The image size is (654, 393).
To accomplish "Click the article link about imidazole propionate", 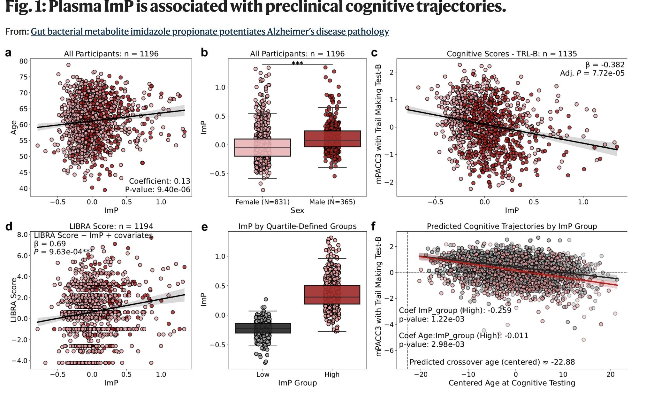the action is click(210, 31).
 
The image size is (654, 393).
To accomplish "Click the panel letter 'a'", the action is click(9, 52).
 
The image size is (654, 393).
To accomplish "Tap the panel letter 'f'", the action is click(374, 226).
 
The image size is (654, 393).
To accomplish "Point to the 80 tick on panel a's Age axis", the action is click(23, 61).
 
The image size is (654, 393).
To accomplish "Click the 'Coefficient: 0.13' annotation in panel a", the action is click(159, 181).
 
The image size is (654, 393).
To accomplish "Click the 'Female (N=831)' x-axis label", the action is click(262, 202).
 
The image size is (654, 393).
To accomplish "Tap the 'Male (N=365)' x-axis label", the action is click(332, 202).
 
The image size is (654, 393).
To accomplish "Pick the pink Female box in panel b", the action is click(262, 147).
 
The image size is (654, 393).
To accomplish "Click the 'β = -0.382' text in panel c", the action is click(605, 65).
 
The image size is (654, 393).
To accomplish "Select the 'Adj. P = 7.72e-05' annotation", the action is click(592, 73).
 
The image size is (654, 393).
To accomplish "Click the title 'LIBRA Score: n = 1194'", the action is click(111, 226).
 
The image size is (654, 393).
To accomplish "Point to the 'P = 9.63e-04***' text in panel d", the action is click(64, 252).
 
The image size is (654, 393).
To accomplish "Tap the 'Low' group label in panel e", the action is click(262, 374).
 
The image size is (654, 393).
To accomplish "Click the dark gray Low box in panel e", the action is click(263, 328).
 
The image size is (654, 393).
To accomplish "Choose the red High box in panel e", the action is click(332, 295).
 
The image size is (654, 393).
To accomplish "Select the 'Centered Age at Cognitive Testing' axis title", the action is click(512, 383).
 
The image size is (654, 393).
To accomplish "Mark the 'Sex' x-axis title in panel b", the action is click(297, 210).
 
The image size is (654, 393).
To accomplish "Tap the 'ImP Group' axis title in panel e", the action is click(297, 383).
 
